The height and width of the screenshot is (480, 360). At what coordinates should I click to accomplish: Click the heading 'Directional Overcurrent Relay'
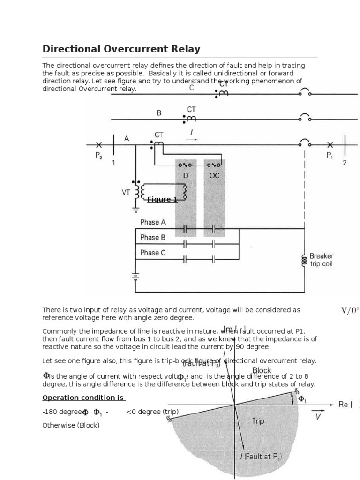point(121,49)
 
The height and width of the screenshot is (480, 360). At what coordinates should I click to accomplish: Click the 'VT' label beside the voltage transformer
point(126,191)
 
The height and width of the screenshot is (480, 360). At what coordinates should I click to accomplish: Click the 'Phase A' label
point(150,222)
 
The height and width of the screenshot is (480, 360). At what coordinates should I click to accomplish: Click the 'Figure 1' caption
point(162,200)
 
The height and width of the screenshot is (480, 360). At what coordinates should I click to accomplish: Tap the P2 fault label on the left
point(98,156)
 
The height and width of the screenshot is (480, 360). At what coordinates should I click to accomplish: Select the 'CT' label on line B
point(192,109)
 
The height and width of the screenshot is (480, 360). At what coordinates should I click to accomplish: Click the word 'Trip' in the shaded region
point(258,421)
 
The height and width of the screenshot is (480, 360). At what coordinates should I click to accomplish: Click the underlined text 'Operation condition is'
point(83,398)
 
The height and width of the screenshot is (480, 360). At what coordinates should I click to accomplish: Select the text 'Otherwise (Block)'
point(71,426)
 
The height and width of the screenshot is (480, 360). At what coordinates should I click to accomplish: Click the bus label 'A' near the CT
point(127,139)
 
